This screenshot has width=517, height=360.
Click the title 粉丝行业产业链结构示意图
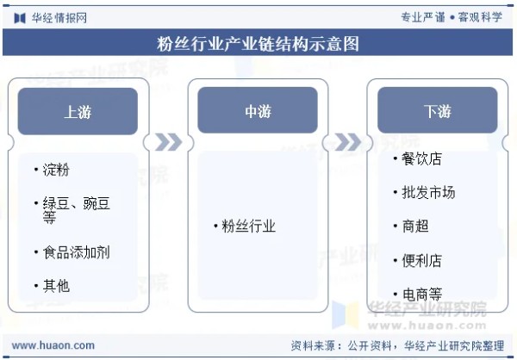point(258,44)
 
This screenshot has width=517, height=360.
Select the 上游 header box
point(78,111)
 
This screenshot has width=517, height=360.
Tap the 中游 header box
point(258,111)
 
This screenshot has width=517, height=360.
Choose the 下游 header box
point(437,111)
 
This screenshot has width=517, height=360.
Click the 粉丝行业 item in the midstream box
point(248,227)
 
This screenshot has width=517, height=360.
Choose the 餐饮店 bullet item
point(421,159)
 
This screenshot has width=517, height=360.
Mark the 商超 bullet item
point(414,226)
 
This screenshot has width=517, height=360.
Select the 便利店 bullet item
point(421,259)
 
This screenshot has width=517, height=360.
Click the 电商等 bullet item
point(421,294)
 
